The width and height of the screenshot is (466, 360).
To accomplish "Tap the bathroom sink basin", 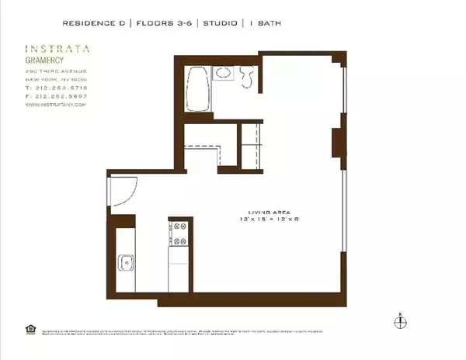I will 223,74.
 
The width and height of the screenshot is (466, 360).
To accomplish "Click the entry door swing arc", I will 124,189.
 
